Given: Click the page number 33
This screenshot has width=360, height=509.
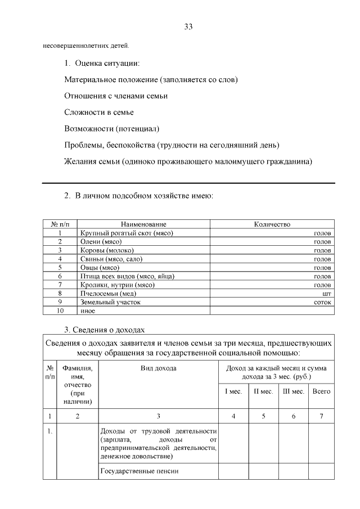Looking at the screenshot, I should click(188, 27).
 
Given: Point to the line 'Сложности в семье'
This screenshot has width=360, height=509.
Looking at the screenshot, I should click(98, 112).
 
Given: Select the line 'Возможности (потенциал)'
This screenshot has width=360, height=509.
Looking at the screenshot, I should click(112, 129).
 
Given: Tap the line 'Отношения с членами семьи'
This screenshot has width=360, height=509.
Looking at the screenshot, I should click(116, 96).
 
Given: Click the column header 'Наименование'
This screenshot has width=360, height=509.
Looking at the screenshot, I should click(143, 224).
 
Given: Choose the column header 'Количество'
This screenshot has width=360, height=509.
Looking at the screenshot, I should click(272, 224).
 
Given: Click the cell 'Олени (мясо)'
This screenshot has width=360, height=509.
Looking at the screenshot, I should click(101, 241).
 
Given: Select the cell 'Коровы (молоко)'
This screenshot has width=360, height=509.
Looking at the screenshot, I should click(107, 250).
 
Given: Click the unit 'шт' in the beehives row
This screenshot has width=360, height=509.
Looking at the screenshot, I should click(327, 293).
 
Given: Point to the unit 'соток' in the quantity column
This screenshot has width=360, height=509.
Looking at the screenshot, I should click(323, 302).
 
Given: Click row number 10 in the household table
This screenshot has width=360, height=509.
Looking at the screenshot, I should click(60, 310).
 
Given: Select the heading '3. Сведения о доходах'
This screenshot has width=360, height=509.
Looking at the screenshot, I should click(105, 330).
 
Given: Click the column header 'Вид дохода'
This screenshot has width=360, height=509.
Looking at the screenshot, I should click(158, 368).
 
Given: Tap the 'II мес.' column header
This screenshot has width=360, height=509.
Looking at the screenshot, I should click(263, 391).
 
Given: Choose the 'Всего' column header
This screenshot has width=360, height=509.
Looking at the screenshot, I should click(321, 391).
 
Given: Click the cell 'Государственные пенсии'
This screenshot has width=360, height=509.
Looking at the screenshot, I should click(139, 471).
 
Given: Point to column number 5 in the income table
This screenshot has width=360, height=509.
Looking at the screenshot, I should click(263, 416).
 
